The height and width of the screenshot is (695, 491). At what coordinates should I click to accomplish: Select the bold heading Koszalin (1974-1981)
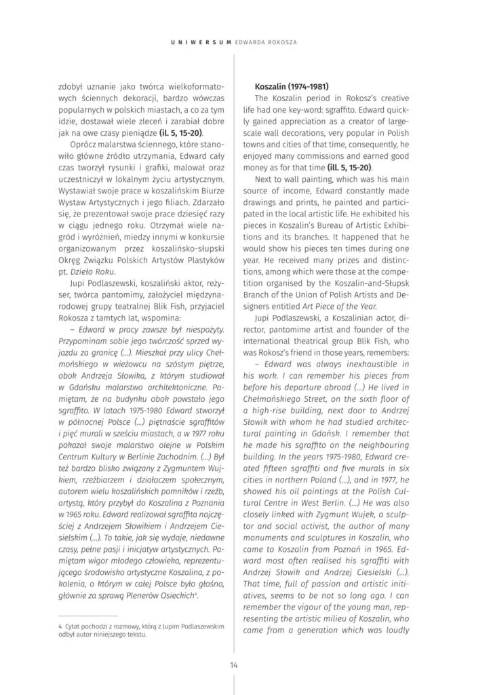tap(291, 88)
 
